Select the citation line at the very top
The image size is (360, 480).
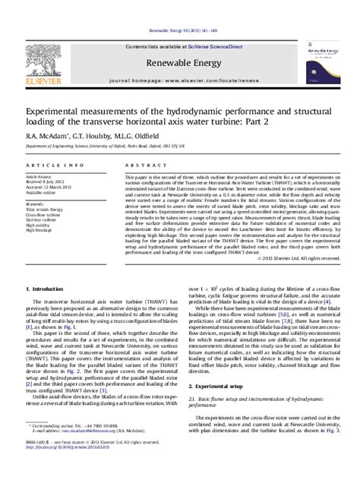point(179,11)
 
